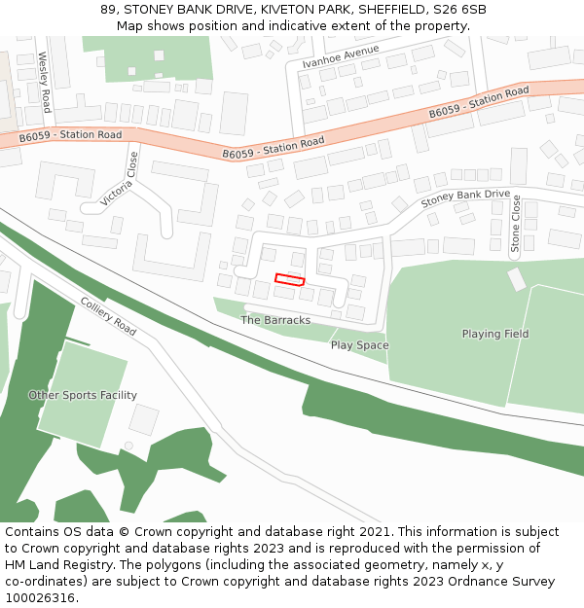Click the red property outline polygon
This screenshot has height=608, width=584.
(290, 280)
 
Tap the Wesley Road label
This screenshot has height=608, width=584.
(44, 82)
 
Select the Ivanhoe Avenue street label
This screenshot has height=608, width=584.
(340, 55)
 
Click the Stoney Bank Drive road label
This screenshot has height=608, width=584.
(465, 198)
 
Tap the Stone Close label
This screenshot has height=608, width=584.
(516, 224)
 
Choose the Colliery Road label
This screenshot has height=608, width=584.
(108, 315)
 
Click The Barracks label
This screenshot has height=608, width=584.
(275, 320)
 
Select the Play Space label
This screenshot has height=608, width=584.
(359, 345)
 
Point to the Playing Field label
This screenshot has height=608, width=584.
(495, 334)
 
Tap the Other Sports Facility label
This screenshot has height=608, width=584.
(83, 395)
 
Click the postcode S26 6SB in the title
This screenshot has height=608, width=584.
(460, 10)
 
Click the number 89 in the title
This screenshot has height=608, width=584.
(108, 10)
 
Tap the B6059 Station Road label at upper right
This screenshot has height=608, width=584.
(479, 102)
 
